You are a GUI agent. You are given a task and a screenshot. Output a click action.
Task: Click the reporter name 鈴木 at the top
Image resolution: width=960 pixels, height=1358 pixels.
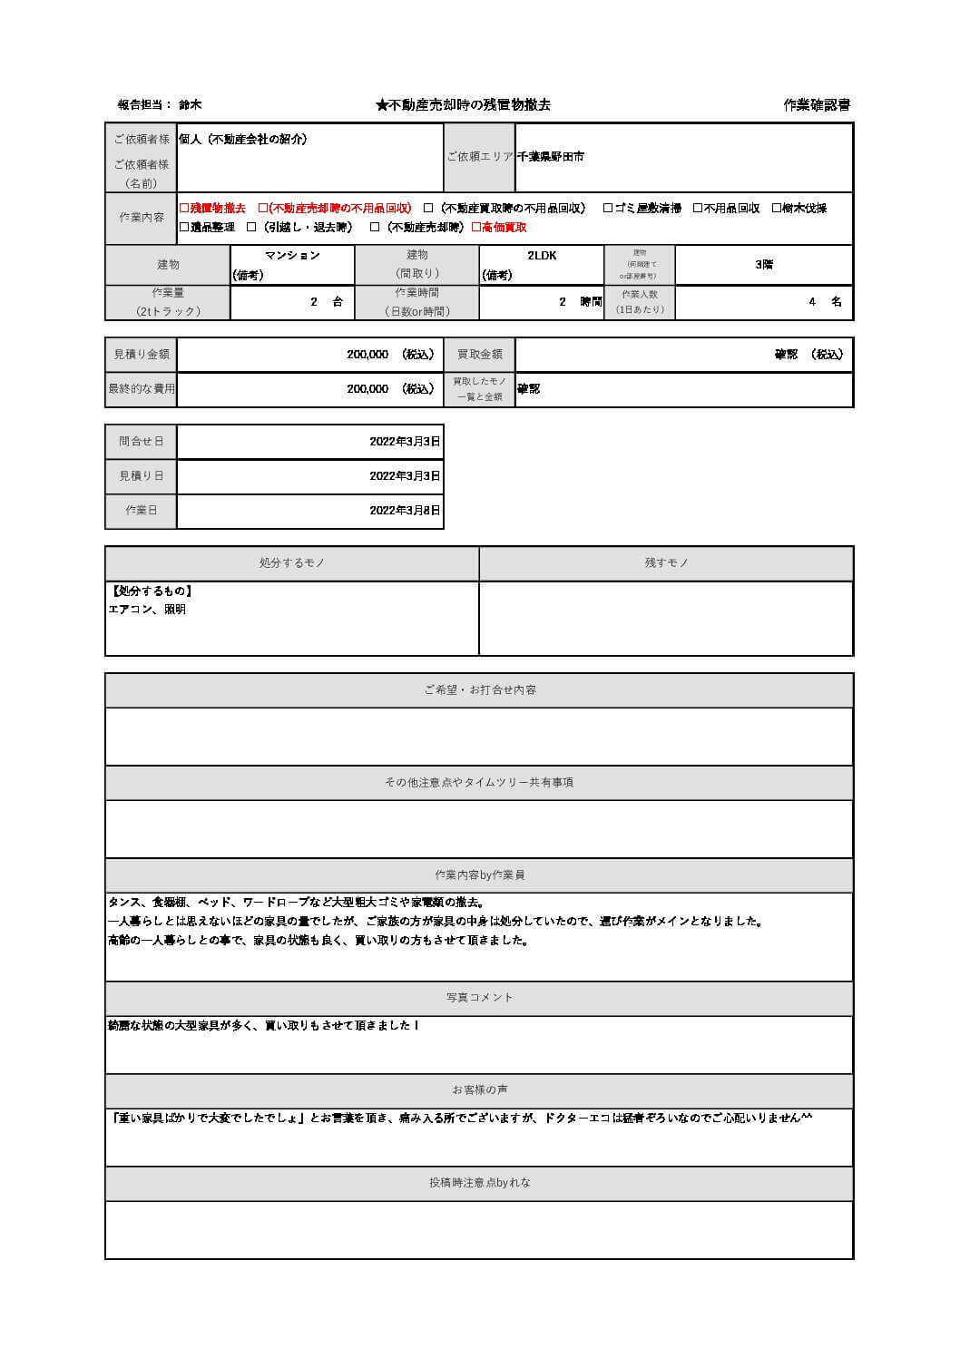coord(191,105)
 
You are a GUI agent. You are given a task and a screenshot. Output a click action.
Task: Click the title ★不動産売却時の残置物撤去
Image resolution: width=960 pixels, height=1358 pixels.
coord(463,105)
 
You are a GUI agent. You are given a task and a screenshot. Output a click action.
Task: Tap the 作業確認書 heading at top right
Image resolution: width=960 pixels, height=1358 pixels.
coord(817,105)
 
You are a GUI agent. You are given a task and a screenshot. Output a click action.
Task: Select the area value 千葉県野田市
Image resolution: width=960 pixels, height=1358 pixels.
coord(551,157)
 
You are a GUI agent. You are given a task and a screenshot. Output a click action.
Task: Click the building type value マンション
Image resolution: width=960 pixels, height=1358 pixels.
coord(292,256)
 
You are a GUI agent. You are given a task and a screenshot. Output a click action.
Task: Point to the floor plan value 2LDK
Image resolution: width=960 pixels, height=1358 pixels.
coord(542,256)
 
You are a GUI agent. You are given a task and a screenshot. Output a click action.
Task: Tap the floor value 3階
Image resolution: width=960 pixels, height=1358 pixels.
coord(764,265)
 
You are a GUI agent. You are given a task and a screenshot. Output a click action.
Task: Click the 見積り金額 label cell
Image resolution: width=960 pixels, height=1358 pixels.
coord(142,355)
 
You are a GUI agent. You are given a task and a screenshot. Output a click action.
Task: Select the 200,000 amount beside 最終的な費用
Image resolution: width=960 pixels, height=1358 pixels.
coord(367,389)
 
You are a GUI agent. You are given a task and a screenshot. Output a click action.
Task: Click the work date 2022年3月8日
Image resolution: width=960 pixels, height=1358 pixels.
coord(405,511)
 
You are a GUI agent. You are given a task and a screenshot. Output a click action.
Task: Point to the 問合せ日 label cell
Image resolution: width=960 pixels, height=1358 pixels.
coord(142,442)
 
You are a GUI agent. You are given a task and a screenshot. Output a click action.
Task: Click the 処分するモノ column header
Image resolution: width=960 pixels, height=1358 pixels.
coord(292,563)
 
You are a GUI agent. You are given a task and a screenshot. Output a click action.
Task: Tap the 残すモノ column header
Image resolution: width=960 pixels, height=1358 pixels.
coord(667,563)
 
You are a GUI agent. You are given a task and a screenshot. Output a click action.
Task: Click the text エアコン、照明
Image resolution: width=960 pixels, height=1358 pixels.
coord(147,610)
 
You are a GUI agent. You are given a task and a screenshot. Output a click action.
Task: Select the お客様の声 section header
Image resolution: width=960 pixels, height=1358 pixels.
coord(480,1090)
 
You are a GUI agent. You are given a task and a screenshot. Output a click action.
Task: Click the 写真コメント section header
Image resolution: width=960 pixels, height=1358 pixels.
coord(480,998)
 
